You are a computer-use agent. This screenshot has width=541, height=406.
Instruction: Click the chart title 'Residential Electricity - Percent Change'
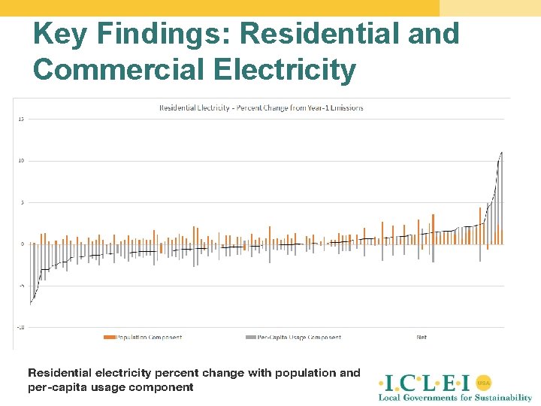tap(261, 108)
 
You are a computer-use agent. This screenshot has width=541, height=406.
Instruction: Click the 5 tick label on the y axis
tap(22, 202)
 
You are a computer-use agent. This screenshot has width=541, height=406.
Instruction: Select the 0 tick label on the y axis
tap(22, 244)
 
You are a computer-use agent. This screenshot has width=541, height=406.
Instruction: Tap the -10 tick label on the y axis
tap(20, 327)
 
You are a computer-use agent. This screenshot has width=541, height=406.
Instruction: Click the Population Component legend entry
tap(148, 338)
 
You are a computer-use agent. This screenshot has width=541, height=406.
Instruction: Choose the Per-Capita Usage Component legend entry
tap(298, 338)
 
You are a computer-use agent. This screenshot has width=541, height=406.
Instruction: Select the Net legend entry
tap(422, 338)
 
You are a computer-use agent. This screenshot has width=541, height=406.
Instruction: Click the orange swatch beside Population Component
tap(109, 338)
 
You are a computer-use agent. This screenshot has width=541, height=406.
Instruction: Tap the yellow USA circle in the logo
tap(483, 382)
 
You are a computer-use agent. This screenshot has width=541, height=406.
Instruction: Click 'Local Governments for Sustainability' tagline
tap(455, 397)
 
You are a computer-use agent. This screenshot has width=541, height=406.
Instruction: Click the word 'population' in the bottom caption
tap(307, 373)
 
